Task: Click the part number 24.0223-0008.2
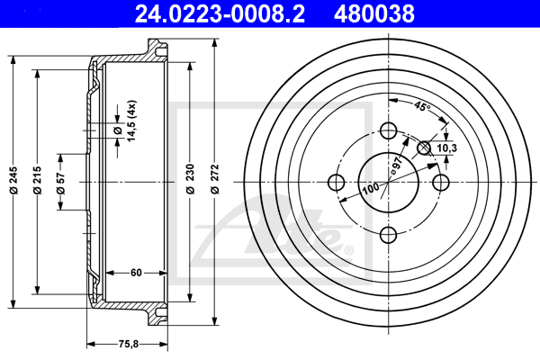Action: point(220,13)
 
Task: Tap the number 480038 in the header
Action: point(374,13)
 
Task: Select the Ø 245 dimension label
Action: point(13,180)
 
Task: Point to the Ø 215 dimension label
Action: point(37,180)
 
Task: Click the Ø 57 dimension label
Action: point(60,183)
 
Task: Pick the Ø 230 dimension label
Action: point(191,179)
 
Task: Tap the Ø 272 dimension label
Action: point(214,179)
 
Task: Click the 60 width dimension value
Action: point(136,273)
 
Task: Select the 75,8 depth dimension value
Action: point(128,344)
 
